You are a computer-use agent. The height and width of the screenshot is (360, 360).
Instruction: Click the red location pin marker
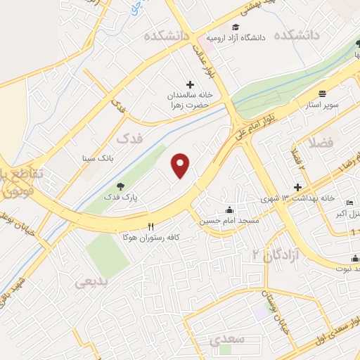(x=181, y=166)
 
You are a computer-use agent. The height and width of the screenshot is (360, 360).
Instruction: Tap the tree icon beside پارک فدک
(x=121, y=186)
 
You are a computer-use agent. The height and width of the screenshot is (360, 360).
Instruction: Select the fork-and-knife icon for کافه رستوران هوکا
(x=150, y=227)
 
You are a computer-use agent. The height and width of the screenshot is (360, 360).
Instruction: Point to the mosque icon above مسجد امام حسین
(x=229, y=210)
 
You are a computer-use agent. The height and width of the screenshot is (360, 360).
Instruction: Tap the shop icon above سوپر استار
(x=322, y=94)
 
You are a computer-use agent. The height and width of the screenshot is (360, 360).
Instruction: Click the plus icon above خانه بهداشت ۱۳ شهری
(x=298, y=187)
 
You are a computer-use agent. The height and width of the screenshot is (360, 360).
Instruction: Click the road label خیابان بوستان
(x=266, y=302)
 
